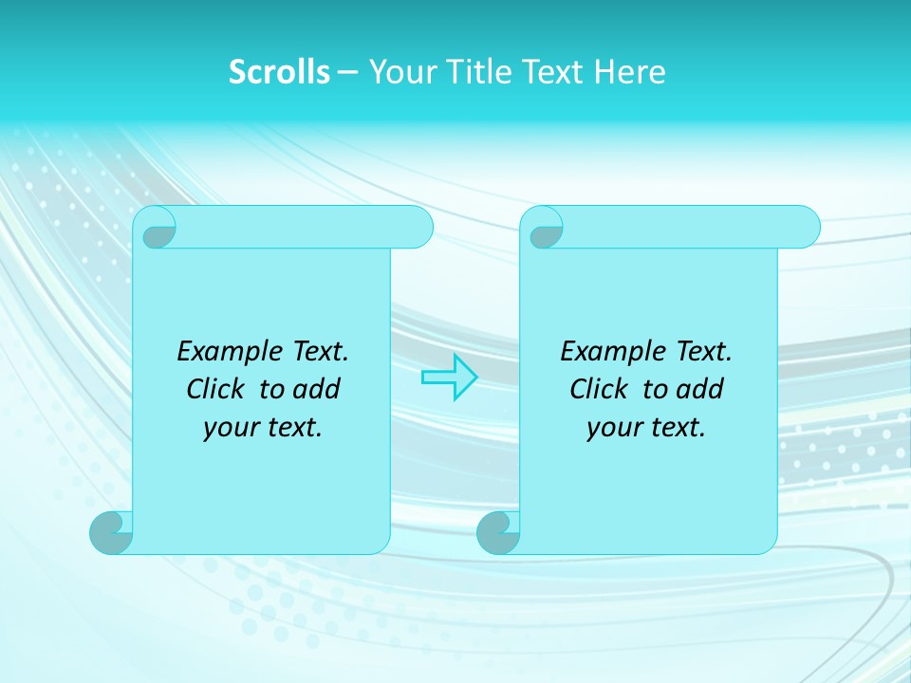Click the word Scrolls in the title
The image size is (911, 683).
click(x=279, y=72)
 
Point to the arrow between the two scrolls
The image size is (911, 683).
click(x=449, y=378)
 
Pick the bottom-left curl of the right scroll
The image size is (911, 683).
click(x=500, y=532)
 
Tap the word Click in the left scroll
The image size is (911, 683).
click(x=207, y=390)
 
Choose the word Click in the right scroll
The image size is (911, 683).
click(x=590, y=390)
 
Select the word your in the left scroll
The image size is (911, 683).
click(x=228, y=429)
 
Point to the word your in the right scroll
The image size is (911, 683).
click(x=611, y=429)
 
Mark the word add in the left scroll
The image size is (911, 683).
click(x=316, y=390)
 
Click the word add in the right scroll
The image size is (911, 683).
click(x=699, y=390)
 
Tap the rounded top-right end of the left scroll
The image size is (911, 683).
click(x=418, y=228)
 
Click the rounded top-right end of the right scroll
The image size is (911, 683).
click(x=805, y=228)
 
